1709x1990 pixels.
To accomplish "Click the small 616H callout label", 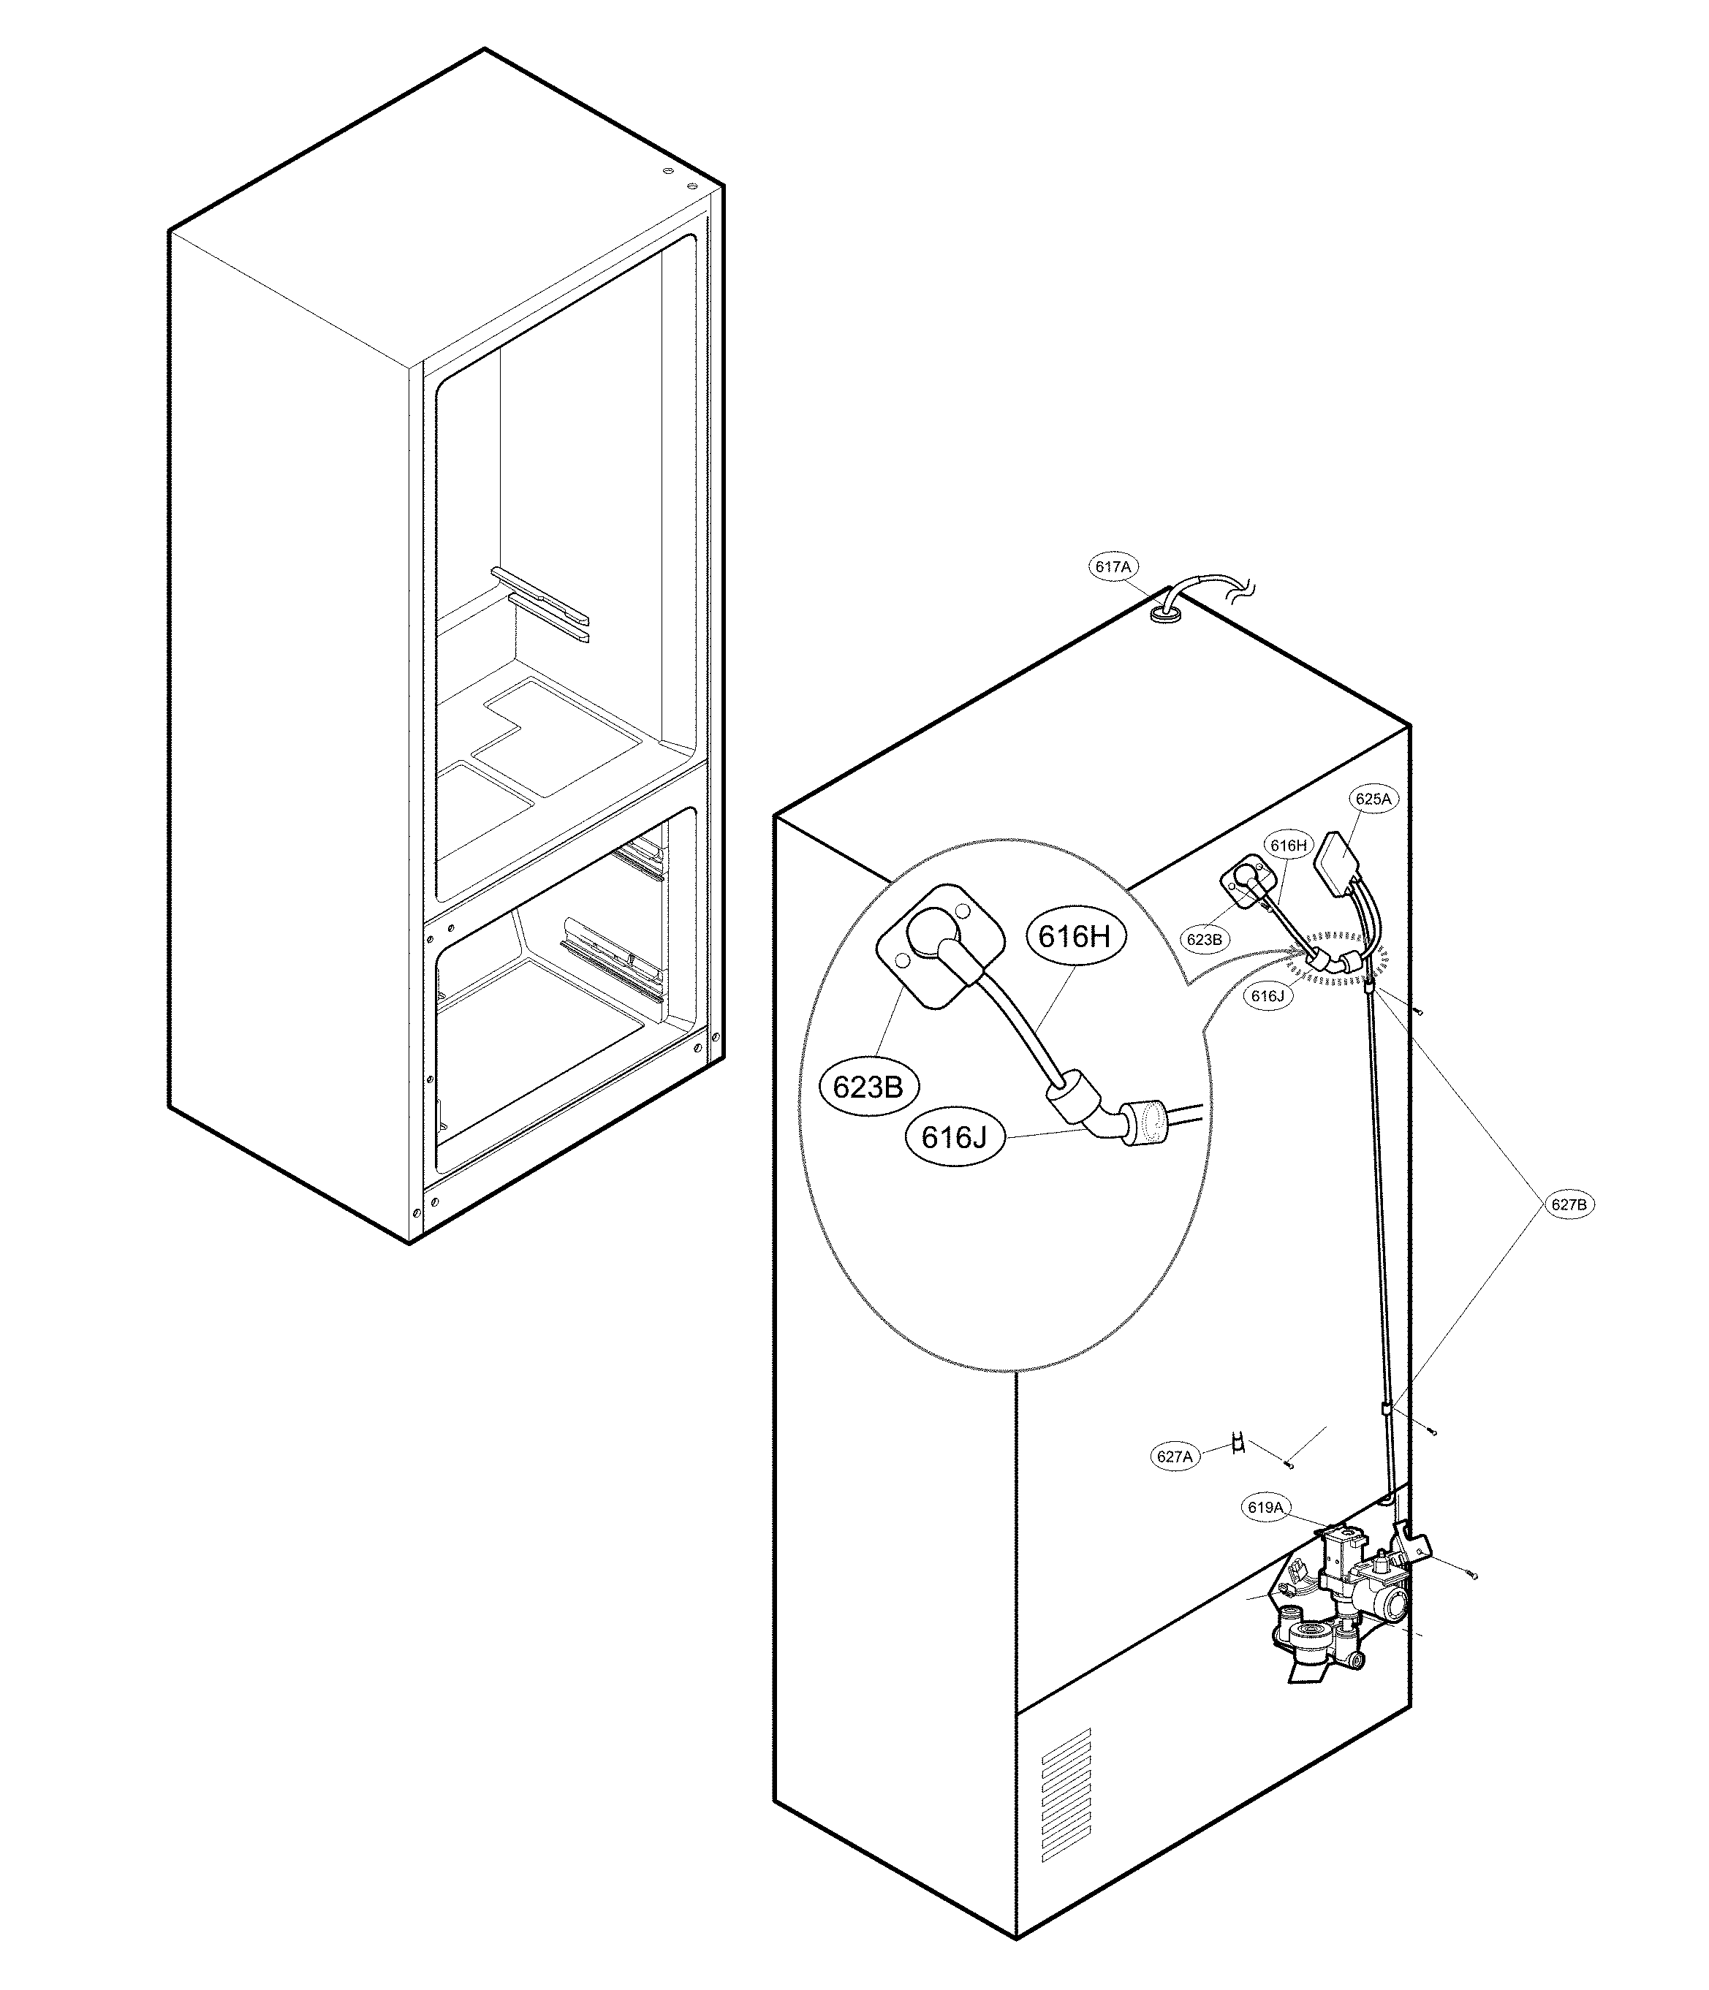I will tap(1288, 845).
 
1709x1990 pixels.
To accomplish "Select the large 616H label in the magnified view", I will tap(1074, 936).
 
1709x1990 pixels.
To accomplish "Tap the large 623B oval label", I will tap(868, 1087).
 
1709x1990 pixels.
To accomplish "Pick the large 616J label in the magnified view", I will tap(954, 1137).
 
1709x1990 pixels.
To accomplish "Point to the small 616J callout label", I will tap(1267, 996).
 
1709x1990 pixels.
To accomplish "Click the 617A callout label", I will tap(1113, 568).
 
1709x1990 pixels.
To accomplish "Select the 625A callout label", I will tap(1373, 798).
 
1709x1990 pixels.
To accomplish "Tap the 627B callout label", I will tap(1568, 1204).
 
